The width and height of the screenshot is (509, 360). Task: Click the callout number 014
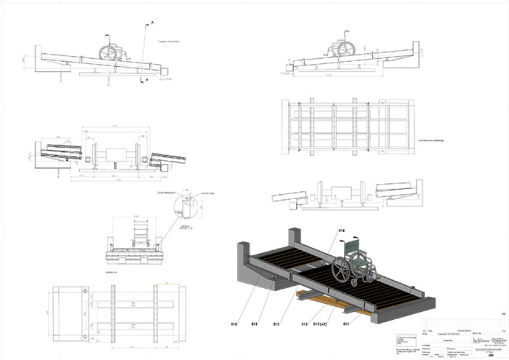(341, 231)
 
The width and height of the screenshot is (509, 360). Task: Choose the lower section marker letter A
(147, 81)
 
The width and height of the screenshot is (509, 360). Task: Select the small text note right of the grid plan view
(429, 139)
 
